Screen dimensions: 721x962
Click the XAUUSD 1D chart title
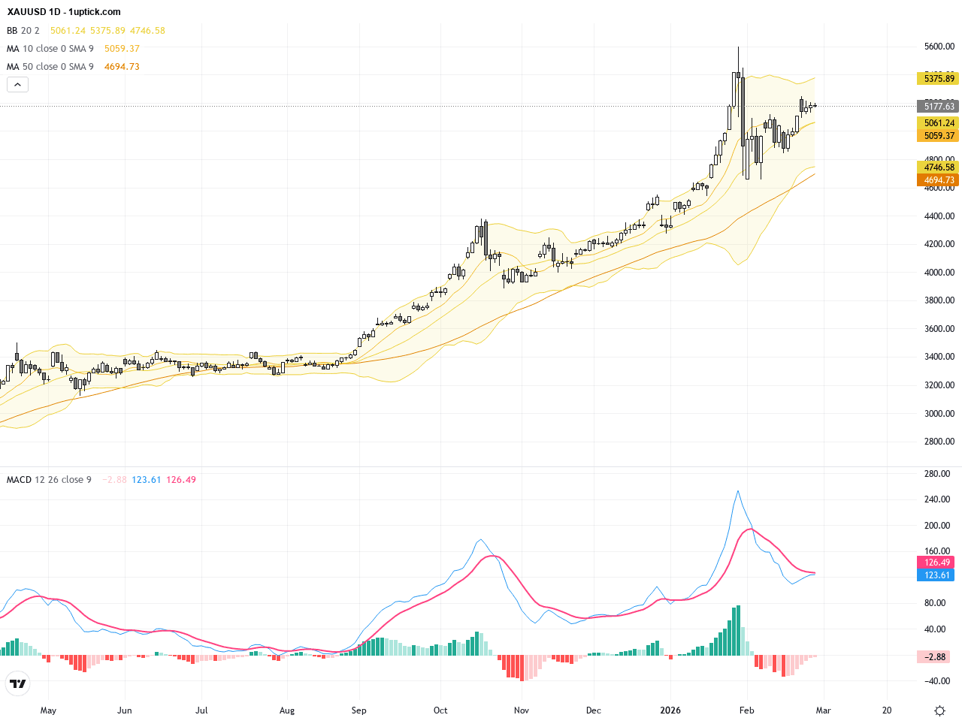coord(63,12)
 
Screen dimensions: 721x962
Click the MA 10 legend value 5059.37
coord(122,49)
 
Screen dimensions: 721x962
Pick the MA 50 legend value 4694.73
coord(122,67)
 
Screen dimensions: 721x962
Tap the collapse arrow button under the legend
coord(17,85)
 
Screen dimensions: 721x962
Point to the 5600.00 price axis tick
coord(939,47)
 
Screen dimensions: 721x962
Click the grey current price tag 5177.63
coord(939,107)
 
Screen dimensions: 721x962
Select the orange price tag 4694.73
coord(939,180)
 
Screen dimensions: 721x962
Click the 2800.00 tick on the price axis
coord(939,442)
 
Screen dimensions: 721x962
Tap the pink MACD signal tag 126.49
coord(936,563)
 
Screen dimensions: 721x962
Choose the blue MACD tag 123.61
coord(936,575)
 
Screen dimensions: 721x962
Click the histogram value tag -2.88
coord(936,657)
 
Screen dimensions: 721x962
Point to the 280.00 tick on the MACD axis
coord(937,474)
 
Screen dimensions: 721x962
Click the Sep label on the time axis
coord(359,710)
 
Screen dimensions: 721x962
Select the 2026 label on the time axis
coord(670,710)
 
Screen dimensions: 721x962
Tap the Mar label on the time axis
coord(824,710)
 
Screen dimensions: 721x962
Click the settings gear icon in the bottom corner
coord(939,710)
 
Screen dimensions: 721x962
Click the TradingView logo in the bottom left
coord(17,683)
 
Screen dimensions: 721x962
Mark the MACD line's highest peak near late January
coord(738,491)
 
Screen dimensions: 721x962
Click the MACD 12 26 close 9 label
coord(49,480)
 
